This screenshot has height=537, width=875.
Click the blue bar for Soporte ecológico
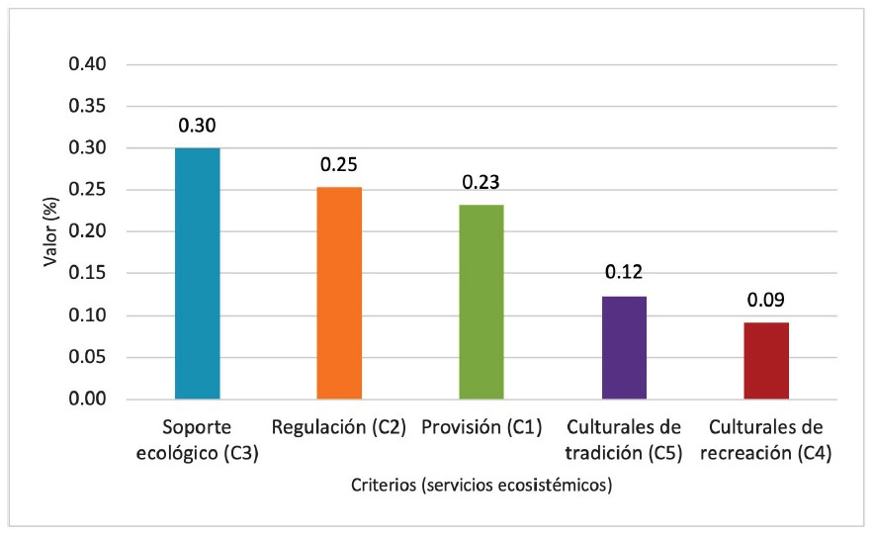[198, 273]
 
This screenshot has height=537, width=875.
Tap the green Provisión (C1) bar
[481, 302]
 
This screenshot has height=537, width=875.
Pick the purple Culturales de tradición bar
[623, 347]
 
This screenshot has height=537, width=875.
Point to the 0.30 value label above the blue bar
[198, 126]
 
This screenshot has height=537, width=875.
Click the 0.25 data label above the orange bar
[339, 164]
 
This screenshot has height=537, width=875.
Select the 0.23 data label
[481, 182]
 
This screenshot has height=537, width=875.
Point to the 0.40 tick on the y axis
[87, 65]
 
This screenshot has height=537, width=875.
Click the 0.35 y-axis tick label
[87, 107]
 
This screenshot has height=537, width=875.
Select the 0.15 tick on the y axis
[87, 274]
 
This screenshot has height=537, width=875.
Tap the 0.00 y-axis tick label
[87, 400]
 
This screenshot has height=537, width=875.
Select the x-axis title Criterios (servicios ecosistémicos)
[481, 486]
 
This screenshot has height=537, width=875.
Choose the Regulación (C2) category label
[339, 428]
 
